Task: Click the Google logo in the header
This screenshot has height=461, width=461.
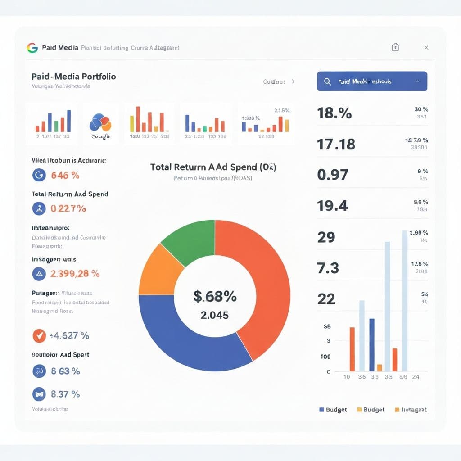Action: [x=32, y=48]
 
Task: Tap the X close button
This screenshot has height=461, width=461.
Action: [x=426, y=48]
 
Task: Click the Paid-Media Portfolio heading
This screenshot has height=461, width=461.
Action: [x=74, y=77]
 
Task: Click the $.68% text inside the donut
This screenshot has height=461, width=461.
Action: [x=215, y=296]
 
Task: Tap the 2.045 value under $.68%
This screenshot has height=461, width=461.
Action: [x=215, y=315]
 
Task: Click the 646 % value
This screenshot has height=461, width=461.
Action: [x=66, y=175]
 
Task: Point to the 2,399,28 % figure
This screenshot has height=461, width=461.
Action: [x=75, y=273]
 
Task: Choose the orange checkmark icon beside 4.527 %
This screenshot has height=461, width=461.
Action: [x=39, y=335]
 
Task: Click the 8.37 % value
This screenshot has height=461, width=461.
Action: [x=65, y=394]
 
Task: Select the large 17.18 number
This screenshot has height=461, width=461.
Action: [x=336, y=145]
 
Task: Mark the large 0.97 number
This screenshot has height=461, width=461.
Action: [x=332, y=175]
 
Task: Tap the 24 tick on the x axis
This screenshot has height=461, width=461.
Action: [x=416, y=377]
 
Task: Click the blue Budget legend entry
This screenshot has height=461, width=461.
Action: [x=333, y=410]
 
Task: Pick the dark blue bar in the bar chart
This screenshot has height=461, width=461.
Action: [x=372, y=344]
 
